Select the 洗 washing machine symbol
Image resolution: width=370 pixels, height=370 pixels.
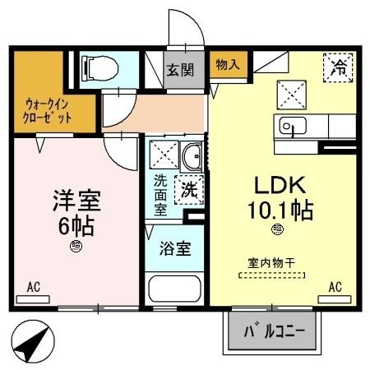pos(188,188)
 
